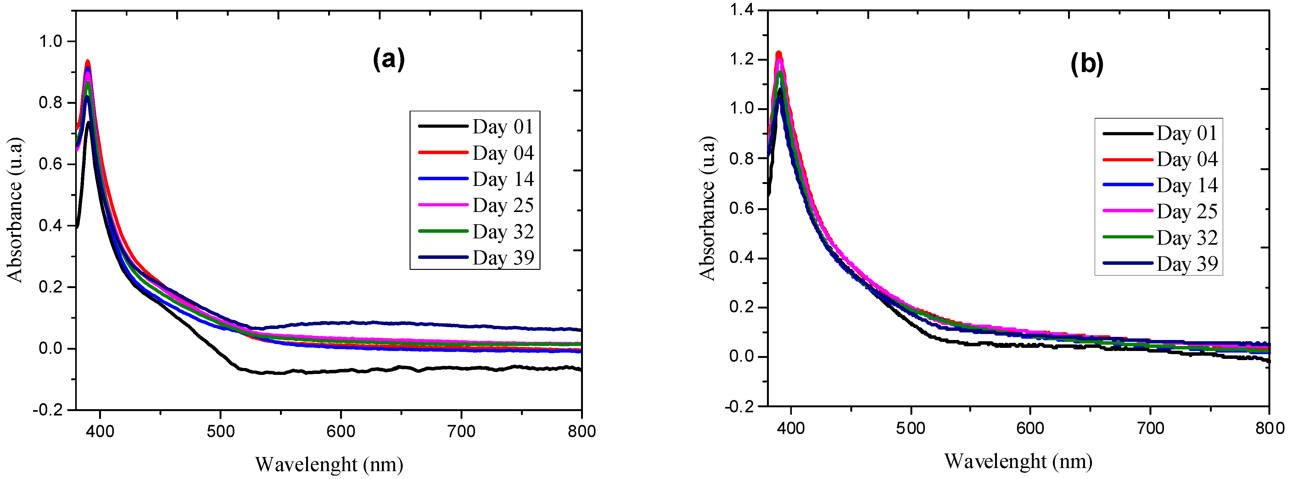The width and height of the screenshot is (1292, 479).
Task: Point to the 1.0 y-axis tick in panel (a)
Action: pyautogui.click(x=50, y=41)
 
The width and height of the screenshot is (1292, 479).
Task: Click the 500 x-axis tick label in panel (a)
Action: pyautogui.click(x=221, y=431)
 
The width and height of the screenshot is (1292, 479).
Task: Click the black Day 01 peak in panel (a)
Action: pyautogui.click(x=89, y=123)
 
